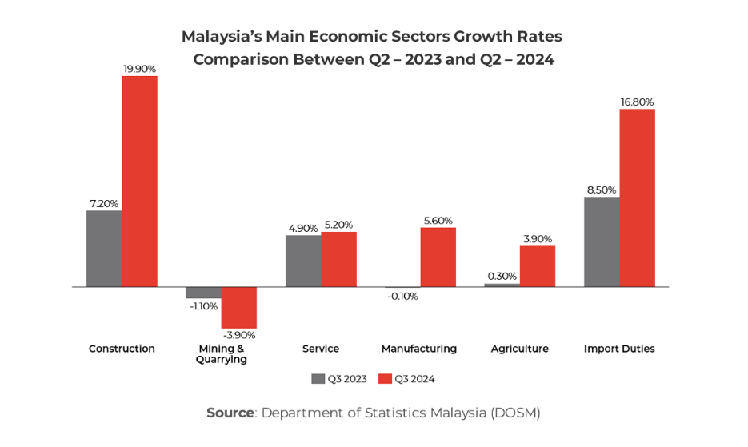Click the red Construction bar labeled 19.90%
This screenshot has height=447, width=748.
(139, 181)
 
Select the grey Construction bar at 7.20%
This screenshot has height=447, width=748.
(104, 248)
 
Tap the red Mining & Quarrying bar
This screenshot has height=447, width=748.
(238, 307)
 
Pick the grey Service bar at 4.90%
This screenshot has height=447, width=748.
(303, 261)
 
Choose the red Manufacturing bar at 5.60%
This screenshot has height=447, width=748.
(438, 257)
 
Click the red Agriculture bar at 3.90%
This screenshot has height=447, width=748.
(537, 265)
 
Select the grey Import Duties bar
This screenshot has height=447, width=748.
(602, 241)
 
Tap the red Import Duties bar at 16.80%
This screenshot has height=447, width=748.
(637, 198)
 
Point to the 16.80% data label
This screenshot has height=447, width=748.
(637, 102)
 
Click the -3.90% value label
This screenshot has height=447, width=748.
(238, 334)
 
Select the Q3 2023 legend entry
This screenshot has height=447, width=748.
(338, 379)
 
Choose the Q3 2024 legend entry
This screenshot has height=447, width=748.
(406, 379)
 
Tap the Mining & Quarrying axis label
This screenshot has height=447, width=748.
(221, 353)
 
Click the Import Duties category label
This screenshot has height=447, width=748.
(619, 349)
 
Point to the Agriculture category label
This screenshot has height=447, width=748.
(519, 349)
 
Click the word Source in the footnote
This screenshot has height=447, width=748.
(230, 413)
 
